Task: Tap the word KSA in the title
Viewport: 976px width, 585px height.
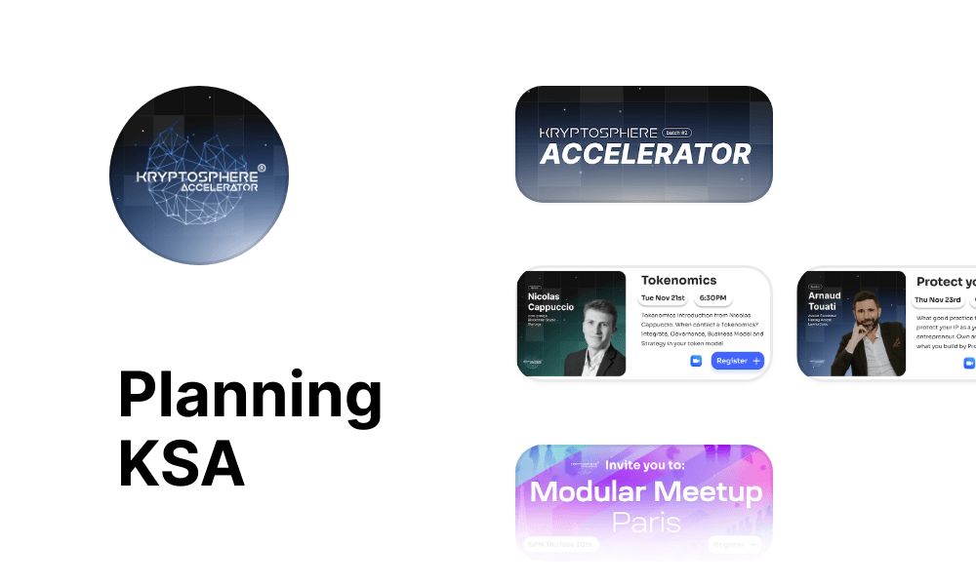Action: (x=182, y=464)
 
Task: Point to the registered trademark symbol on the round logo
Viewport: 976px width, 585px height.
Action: (x=261, y=168)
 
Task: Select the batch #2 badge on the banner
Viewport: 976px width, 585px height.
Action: (x=676, y=133)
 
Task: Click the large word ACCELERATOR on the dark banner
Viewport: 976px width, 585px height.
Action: (x=646, y=154)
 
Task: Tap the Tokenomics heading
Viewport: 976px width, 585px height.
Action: (x=678, y=280)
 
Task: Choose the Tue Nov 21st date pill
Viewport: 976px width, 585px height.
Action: (x=663, y=298)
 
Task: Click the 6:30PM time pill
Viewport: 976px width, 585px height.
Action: (x=712, y=298)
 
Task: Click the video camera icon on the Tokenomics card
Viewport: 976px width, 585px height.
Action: (x=696, y=361)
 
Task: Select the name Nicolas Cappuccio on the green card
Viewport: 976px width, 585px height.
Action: (x=550, y=301)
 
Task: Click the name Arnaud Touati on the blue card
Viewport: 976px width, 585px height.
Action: (x=824, y=301)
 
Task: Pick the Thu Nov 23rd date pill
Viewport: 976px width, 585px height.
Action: (x=937, y=299)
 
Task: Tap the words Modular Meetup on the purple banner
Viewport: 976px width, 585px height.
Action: (x=645, y=491)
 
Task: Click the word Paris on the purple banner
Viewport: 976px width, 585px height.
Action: (x=645, y=522)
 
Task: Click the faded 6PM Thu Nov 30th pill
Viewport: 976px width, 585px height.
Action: (x=561, y=544)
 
